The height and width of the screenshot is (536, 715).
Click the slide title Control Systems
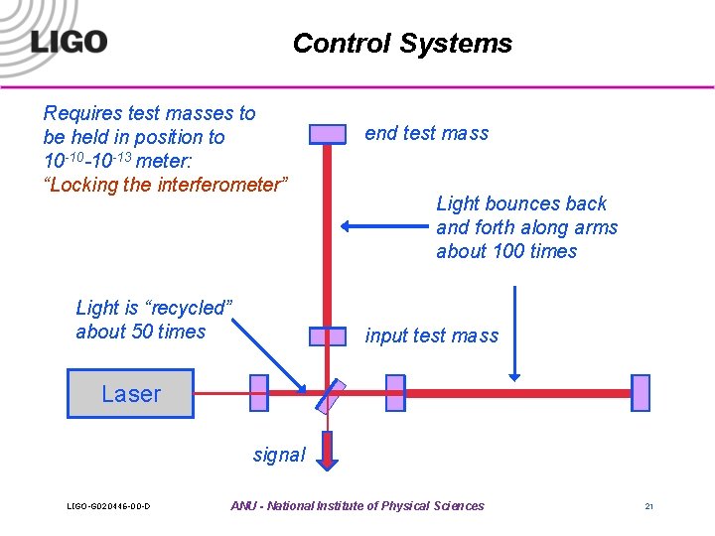[x=402, y=44]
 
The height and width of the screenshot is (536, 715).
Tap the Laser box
[x=130, y=394]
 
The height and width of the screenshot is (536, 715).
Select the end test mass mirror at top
[x=327, y=134]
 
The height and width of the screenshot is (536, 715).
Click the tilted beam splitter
[x=330, y=394]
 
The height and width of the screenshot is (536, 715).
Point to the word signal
[x=279, y=455]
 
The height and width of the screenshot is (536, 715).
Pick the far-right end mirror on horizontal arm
[x=640, y=393]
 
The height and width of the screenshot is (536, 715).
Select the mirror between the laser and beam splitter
[x=259, y=393]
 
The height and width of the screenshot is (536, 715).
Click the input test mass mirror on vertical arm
[x=327, y=336]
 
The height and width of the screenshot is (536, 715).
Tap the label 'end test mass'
[x=426, y=133]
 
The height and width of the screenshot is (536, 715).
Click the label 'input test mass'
[x=431, y=335]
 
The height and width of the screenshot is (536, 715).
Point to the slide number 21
[x=648, y=507]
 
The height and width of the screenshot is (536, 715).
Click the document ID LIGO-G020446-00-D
[x=108, y=507]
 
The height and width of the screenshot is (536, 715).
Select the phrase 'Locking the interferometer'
[x=167, y=185]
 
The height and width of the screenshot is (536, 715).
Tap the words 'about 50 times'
[x=140, y=332]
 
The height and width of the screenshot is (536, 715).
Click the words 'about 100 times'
[x=505, y=251]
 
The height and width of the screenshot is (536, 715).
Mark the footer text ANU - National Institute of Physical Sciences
[x=357, y=506]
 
